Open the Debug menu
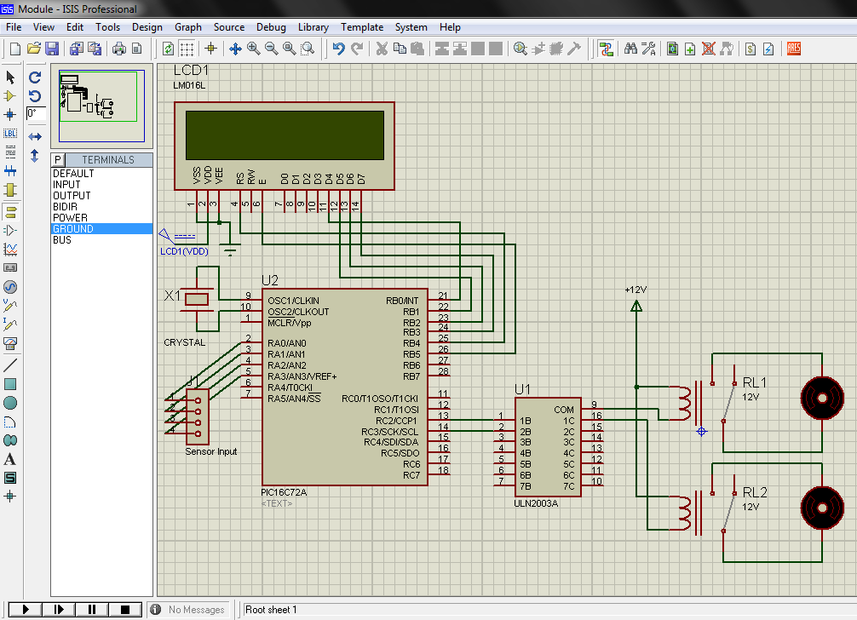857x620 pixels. pyautogui.click(x=271, y=27)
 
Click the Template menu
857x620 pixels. pyautogui.click(x=362, y=27)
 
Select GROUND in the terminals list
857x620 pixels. pyautogui.click(x=73, y=229)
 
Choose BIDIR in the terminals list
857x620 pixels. pyautogui.click(x=66, y=207)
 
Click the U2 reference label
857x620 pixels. pyautogui.click(x=270, y=280)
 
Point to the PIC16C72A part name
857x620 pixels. pyautogui.click(x=284, y=492)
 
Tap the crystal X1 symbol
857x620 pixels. pyautogui.click(x=198, y=299)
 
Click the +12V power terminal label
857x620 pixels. pyautogui.click(x=636, y=290)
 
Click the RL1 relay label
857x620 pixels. pyautogui.click(x=755, y=382)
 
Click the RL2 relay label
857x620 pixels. pyautogui.click(x=755, y=492)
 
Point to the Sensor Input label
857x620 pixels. pyautogui.click(x=211, y=451)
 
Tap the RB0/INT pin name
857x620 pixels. pyautogui.click(x=402, y=301)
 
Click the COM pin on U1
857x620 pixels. pyautogui.click(x=564, y=410)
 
